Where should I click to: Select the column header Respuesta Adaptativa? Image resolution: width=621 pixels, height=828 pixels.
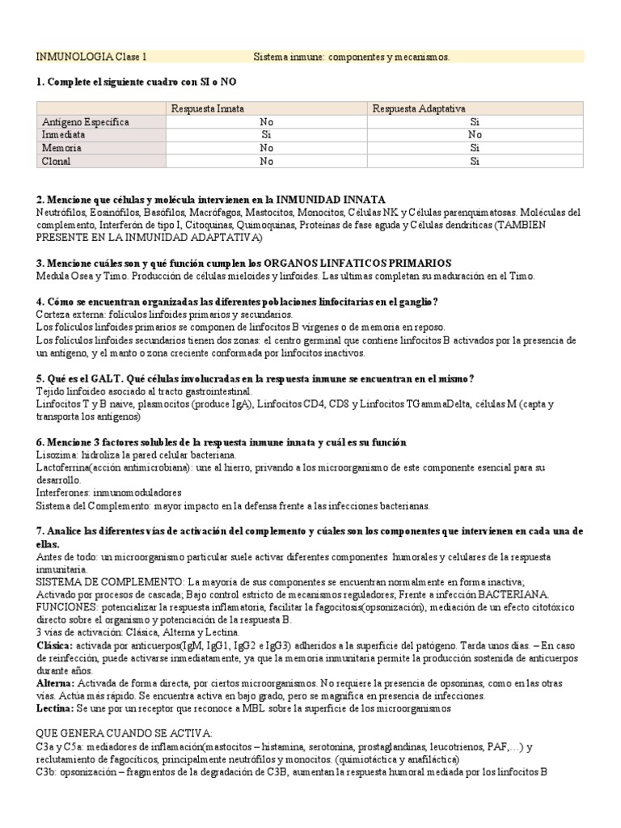(x=418, y=108)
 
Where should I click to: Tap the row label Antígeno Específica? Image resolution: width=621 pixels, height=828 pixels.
(x=85, y=121)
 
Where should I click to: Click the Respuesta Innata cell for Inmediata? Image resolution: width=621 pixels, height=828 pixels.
(x=266, y=135)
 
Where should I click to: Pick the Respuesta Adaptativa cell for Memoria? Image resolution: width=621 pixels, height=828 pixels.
(x=475, y=148)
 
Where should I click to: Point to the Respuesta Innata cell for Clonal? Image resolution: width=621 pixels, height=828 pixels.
(x=266, y=161)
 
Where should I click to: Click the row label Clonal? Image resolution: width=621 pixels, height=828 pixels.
(x=56, y=161)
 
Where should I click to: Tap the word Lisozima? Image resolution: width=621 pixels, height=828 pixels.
(x=58, y=455)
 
